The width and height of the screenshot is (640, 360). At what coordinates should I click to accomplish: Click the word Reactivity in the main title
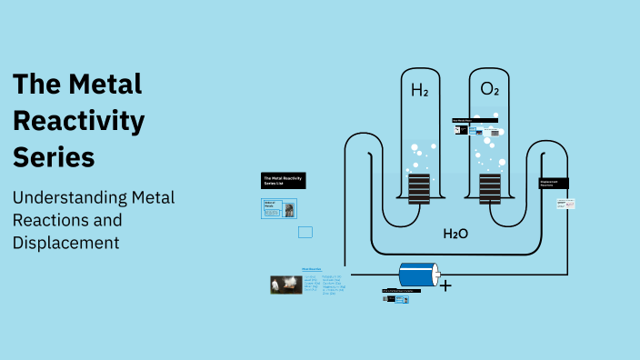(x=78, y=120)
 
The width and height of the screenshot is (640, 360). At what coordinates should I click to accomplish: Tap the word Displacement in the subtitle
(x=66, y=243)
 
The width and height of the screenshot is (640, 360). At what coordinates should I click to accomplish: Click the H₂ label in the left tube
(x=420, y=90)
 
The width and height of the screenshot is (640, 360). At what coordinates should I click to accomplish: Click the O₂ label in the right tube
(x=490, y=89)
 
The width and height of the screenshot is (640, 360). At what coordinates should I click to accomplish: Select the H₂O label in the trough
(x=455, y=234)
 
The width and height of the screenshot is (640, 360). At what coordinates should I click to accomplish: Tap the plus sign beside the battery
(x=445, y=285)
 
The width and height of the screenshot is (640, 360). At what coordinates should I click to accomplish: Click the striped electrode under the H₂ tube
(x=419, y=189)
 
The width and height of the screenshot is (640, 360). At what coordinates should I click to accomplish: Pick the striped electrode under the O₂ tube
(x=490, y=189)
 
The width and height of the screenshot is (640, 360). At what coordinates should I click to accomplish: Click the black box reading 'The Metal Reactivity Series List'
(x=283, y=180)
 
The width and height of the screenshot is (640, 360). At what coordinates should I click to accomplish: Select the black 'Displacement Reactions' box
(x=554, y=183)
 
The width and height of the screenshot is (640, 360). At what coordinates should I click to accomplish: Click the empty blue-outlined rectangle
(x=305, y=232)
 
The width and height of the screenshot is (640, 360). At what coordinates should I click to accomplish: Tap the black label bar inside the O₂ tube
(x=475, y=120)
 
